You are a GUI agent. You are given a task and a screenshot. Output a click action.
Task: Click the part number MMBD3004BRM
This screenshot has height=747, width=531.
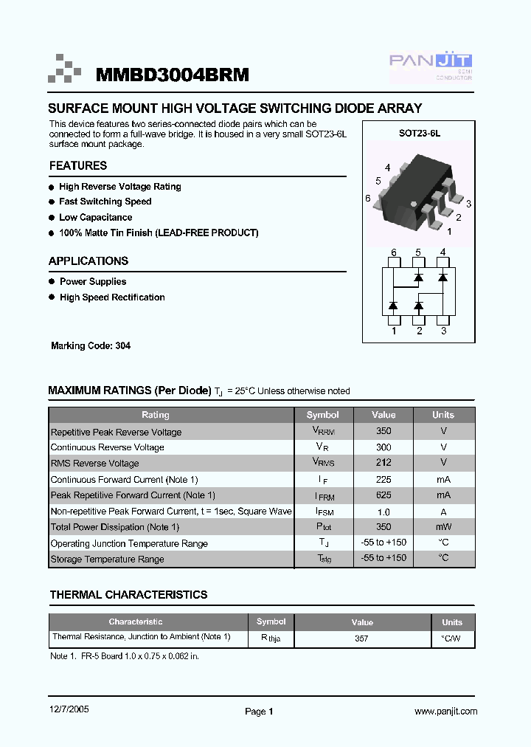click(x=173, y=75)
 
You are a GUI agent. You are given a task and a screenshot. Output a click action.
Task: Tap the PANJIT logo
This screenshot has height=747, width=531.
click(x=431, y=66)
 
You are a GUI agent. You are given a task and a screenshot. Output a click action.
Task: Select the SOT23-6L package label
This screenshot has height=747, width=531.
click(x=419, y=134)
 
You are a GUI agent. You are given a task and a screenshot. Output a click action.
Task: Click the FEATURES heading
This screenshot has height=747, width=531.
click(x=78, y=166)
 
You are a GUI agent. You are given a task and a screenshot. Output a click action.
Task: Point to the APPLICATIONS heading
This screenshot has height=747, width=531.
click(x=88, y=261)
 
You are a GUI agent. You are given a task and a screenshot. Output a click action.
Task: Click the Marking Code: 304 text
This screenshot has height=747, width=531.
click(x=91, y=345)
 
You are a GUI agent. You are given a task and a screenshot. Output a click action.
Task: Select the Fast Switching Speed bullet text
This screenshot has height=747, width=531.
click(x=105, y=202)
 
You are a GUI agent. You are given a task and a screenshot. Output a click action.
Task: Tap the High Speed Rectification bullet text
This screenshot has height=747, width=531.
click(x=112, y=297)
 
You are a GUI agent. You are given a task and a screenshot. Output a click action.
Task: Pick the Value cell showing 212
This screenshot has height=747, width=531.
click(x=383, y=463)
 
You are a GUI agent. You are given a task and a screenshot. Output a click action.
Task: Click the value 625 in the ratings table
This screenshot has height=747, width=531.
click(x=383, y=495)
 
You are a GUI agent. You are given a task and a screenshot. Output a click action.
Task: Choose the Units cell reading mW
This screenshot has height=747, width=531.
click(x=443, y=527)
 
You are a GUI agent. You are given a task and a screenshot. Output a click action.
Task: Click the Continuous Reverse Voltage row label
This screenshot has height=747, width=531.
click(x=108, y=447)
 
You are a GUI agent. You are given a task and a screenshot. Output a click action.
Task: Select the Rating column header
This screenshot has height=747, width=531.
click(x=156, y=415)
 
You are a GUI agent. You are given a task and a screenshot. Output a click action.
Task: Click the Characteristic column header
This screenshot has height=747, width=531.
click(x=136, y=622)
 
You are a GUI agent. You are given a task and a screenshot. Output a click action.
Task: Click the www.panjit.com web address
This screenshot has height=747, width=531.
click(x=445, y=712)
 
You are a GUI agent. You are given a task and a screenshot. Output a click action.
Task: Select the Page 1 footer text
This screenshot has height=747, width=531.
click(x=259, y=712)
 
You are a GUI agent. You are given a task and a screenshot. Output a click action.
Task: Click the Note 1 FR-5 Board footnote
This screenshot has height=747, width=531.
click(x=125, y=655)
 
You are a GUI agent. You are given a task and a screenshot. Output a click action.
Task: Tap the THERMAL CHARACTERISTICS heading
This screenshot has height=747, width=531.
click(x=128, y=595)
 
